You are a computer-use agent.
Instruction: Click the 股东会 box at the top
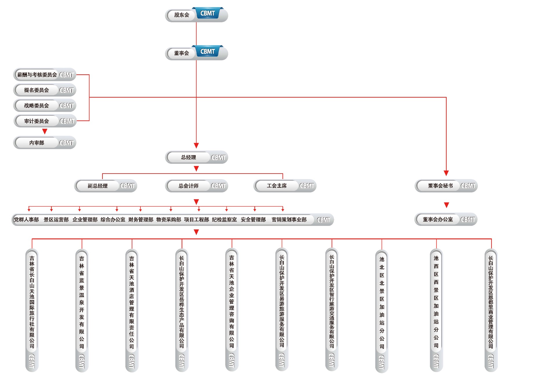182,15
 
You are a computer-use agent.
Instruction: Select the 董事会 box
182,53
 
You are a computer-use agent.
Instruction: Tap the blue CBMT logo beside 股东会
208,13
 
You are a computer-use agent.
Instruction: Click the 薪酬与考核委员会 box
37,75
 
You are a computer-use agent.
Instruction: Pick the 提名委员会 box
36,90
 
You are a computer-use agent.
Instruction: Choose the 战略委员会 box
36,106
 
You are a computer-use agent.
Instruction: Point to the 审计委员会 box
37,121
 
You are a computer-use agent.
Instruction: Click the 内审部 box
37,143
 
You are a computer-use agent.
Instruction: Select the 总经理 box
189,157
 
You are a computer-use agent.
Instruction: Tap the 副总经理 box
98,186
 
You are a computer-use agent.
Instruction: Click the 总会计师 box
189,186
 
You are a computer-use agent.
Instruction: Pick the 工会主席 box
277,186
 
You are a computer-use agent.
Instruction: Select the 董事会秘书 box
440,186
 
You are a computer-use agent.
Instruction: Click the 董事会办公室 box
438,220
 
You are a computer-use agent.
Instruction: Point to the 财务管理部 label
141,220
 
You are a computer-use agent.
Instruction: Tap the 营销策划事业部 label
289,220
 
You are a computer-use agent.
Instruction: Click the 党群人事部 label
26,220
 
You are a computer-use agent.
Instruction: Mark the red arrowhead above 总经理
196,146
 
